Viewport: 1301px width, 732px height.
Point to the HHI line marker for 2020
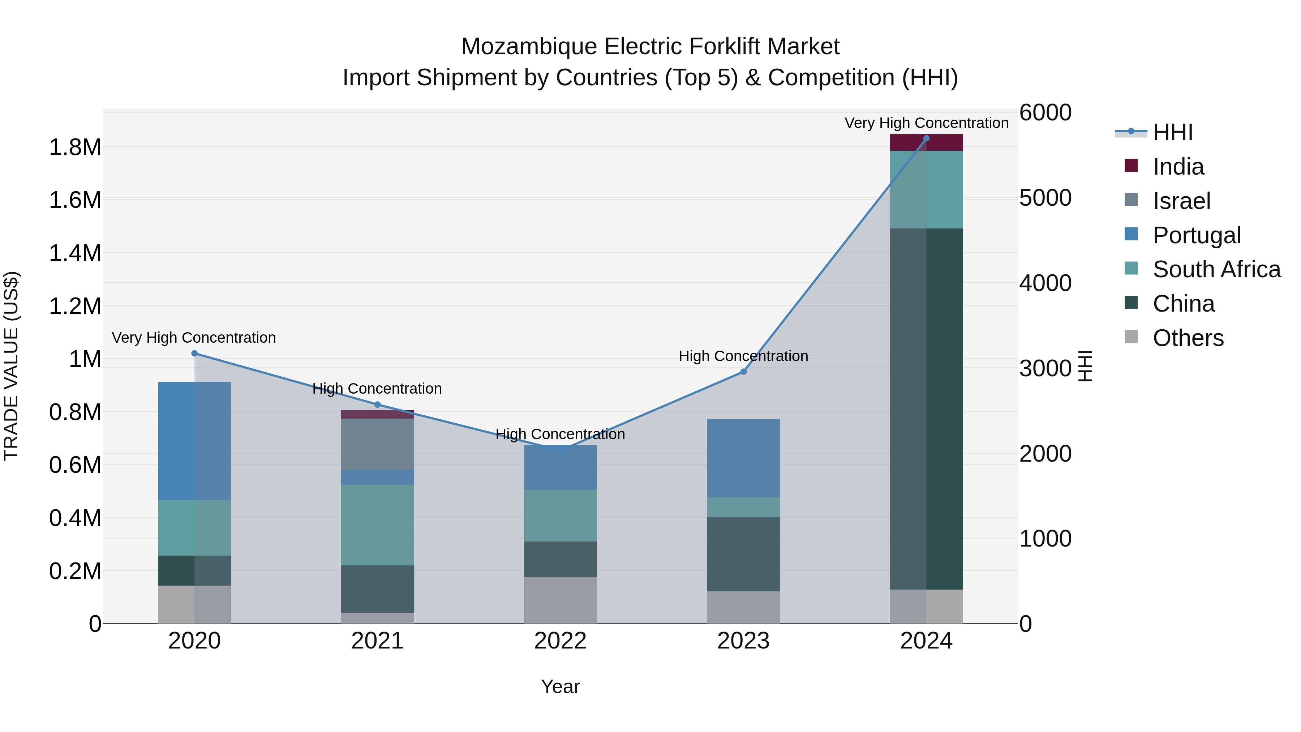pos(194,354)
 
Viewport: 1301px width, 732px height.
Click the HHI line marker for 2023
pos(743,372)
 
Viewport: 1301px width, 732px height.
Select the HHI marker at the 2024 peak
pos(926,138)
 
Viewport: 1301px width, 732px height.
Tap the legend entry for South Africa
pos(1216,269)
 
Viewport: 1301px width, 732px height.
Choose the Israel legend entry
pos(1181,201)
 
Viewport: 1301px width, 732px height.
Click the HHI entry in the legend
pos(1173,132)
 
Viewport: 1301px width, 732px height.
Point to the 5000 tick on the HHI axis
pos(1045,198)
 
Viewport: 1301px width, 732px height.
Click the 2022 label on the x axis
pos(560,641)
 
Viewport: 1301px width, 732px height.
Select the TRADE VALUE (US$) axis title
pos(11,366)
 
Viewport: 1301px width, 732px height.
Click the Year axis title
pos(560,686)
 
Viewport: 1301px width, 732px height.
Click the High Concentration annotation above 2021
pos(377,389)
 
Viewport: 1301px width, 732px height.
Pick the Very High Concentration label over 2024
pos(926,123)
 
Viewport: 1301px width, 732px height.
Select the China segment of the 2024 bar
pos(926,409)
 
